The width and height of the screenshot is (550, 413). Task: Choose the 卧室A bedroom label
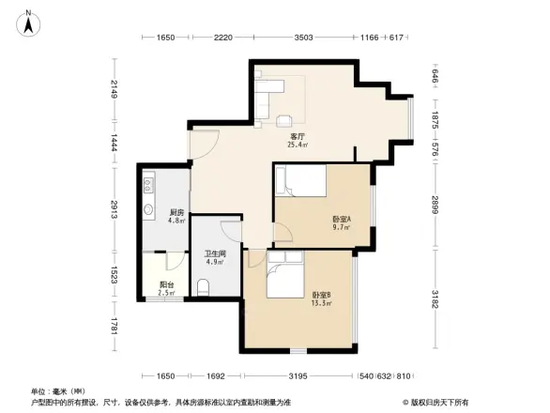click(341, 218)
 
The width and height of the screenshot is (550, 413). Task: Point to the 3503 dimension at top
click(303, 38)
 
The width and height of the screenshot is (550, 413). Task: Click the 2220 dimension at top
click(222, 38)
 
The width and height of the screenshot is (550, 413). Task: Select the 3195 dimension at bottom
click(299, 376)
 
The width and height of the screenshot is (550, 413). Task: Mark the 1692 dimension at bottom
click(215, 376)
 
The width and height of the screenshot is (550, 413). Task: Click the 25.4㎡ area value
click(297, 145)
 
